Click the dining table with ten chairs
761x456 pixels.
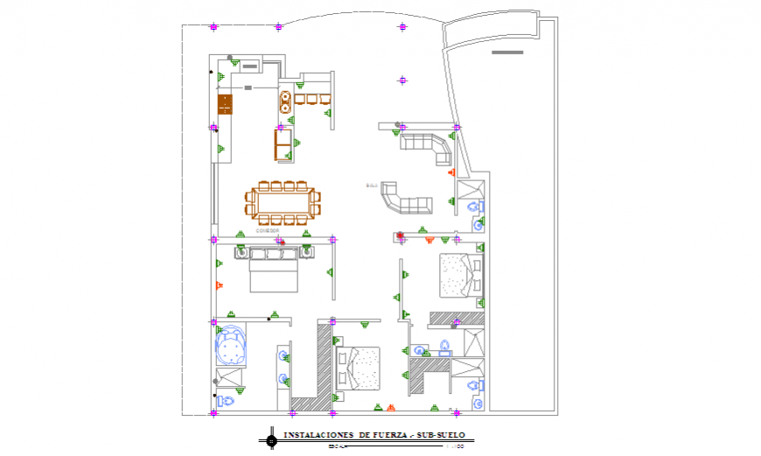(282, 203)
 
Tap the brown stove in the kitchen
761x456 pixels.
(226, 104)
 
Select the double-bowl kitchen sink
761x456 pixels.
(286, 103)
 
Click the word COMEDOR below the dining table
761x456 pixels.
(267, 230)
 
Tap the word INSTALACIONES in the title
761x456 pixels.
(317, 434)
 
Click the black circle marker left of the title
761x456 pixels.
(272, 439)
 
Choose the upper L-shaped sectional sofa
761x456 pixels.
(426, 146)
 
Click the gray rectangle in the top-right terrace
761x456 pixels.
(507, 53)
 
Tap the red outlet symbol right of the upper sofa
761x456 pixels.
(451, 172)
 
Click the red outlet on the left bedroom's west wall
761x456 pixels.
(219, 284)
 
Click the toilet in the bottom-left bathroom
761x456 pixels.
(226, 401)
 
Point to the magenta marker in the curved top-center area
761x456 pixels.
(402, 81)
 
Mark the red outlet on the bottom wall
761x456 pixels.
(391, 407)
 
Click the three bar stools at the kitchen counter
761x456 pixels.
(312, 99)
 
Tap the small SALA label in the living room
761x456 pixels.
(371, 186)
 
